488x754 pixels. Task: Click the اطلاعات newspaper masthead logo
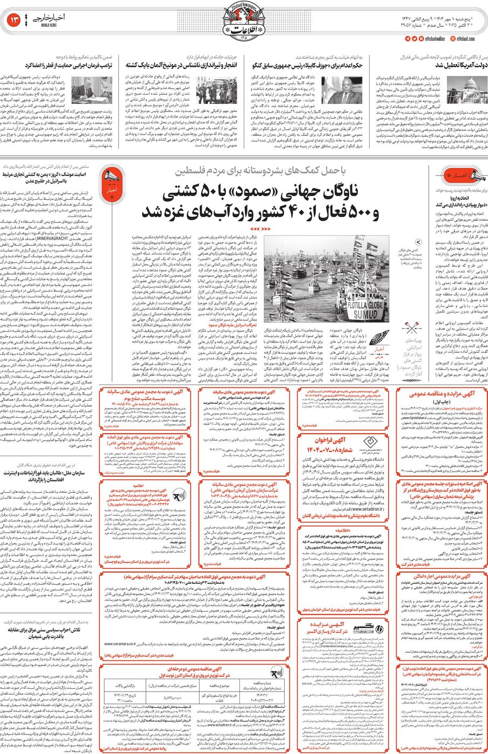(243, 22)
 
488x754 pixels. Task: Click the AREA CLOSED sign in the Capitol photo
(470, 99)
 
